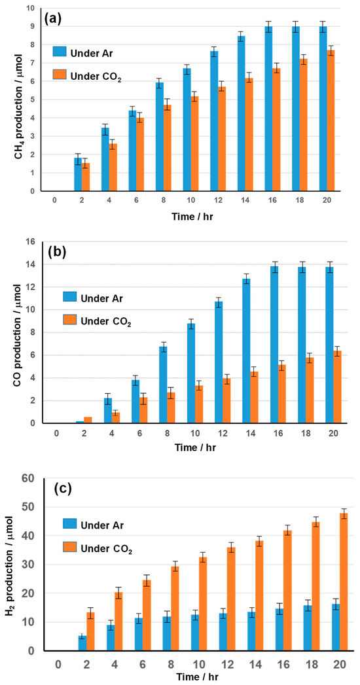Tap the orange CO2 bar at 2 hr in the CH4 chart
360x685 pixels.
tap(86, 177)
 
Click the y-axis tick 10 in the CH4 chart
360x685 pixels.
tap(31, 9)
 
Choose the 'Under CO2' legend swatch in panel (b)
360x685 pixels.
tap(69, 321)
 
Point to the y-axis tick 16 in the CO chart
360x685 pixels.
tap(31, 242)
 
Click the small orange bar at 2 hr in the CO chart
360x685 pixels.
tap(88, 420)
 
